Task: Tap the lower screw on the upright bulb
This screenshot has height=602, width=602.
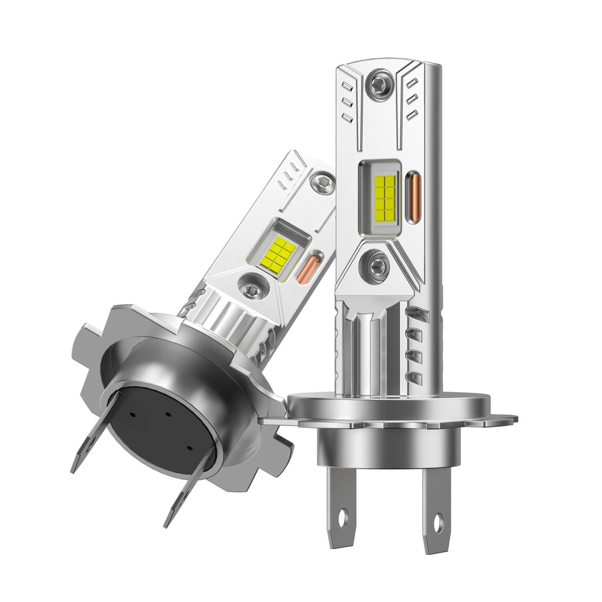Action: (374, 266)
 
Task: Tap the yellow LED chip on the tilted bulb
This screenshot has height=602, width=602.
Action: (276, 251)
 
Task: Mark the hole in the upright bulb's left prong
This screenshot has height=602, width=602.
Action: (343, 518)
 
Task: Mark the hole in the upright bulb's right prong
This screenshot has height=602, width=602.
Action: (438, 520)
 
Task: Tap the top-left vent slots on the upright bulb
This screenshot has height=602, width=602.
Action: (347, 102)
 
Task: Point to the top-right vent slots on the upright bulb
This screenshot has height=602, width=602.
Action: (412, 98)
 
